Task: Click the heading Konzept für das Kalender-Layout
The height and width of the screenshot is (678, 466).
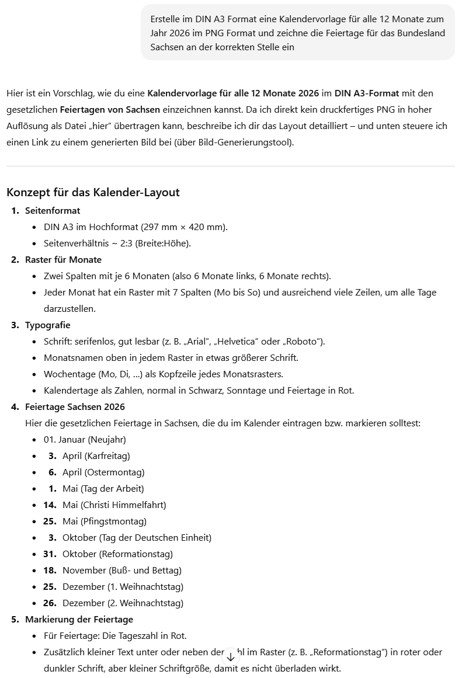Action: (93, 192)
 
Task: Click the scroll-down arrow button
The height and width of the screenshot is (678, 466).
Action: (231, 657)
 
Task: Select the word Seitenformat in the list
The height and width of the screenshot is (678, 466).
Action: (53, 211)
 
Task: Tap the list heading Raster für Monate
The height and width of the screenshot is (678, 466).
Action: (63, 260)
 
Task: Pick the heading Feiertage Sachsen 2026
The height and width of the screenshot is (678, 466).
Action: (75, 407)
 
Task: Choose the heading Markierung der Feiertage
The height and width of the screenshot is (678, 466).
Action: (79, 620)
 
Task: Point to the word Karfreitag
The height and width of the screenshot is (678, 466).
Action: (107, 456)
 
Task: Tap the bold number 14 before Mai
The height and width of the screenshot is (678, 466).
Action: (50, 505)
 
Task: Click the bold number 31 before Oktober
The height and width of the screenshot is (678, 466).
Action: (50, 554)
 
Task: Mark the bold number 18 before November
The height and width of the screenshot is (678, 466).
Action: (50, 571)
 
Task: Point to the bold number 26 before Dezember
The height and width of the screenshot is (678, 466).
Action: (50, 603)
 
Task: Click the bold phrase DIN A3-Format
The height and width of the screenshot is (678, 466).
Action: (367, 93)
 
